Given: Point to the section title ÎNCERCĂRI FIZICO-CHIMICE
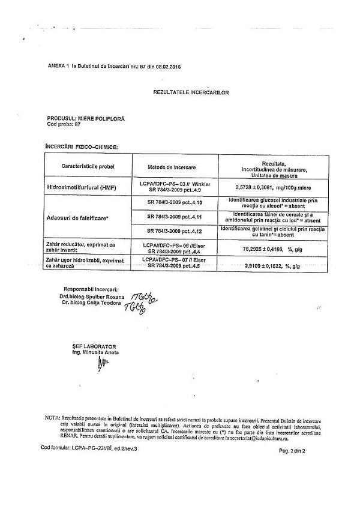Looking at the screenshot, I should pos(81,146).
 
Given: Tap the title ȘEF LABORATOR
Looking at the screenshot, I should pos(91,346).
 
